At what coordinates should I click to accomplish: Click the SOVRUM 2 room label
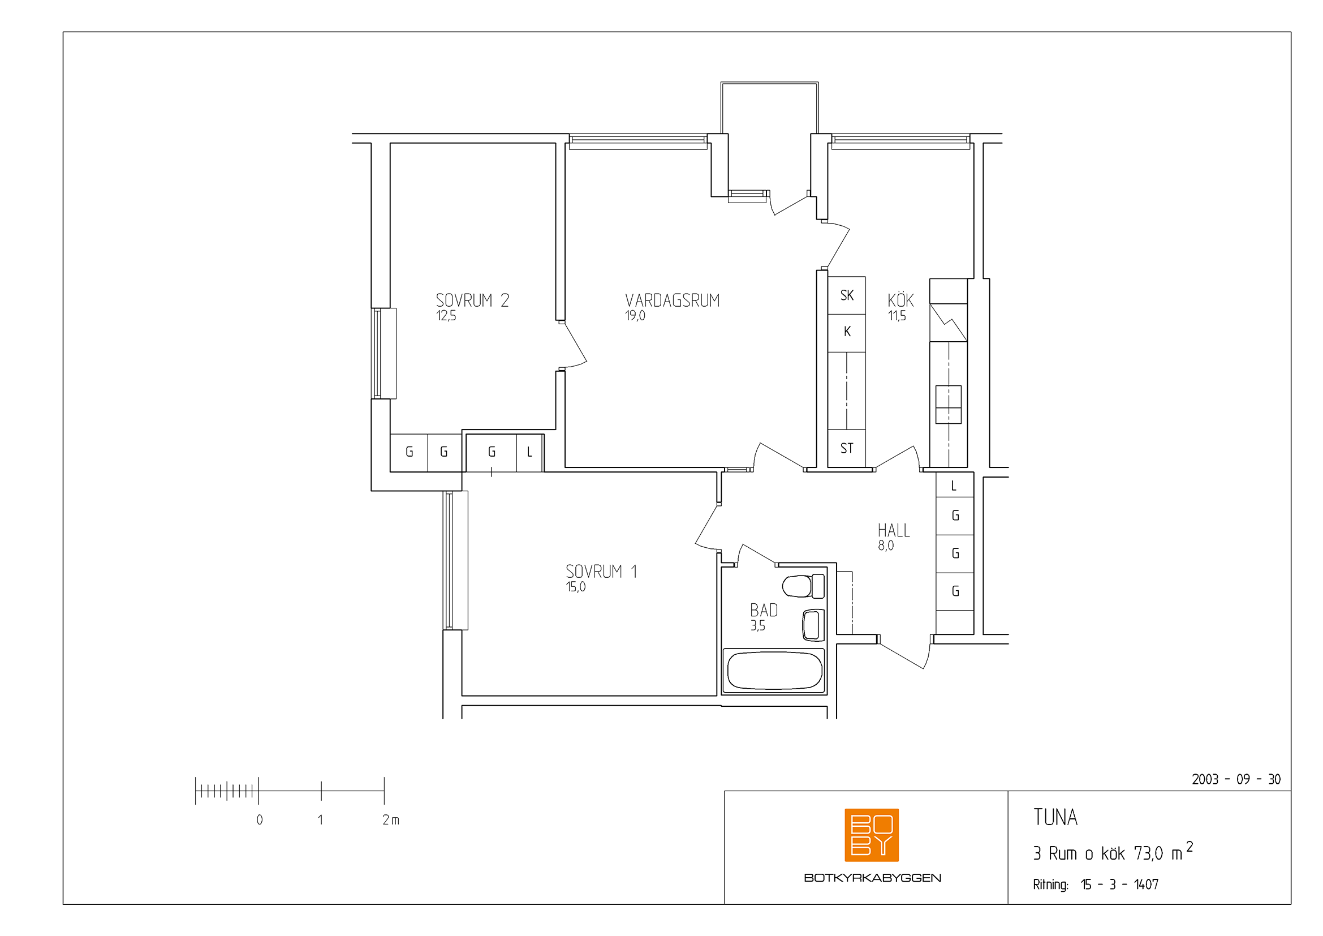point(472,300)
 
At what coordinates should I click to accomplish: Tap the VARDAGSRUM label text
point(673,300)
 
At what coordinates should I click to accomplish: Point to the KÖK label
point(900,300)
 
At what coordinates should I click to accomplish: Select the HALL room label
point(894,530)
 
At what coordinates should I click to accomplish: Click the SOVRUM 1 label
point(601,571)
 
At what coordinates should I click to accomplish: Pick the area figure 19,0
point(635,316)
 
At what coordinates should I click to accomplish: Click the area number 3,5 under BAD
point(758,626)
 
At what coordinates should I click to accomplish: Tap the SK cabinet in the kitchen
point(847,295)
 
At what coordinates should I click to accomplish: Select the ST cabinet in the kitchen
point(847,448)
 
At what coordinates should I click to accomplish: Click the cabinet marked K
point(847,333)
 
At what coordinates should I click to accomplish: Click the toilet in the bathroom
point(803,586)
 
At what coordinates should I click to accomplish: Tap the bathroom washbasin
point(813,625)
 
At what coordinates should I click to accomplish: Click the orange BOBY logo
point(871,835)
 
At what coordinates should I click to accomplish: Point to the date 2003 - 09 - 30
point(1236,779)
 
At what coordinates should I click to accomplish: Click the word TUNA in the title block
point(1055,817)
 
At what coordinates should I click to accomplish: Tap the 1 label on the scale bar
point(320,819)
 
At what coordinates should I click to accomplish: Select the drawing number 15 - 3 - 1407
point(1119,884)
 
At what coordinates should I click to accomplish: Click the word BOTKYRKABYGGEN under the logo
point(872,878)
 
